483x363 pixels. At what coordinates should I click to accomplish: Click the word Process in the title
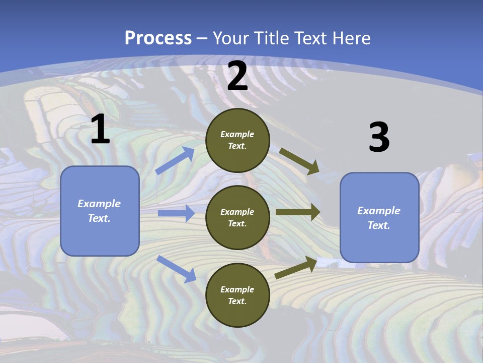[158, 38]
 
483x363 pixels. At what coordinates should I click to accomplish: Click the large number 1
[100, 129]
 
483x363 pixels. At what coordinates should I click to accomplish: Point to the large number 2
[237, 76]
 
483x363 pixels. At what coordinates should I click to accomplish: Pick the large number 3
[379, 137]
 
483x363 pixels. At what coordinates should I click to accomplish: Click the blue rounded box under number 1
[100, 211]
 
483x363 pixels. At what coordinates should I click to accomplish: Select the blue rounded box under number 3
[379, 218]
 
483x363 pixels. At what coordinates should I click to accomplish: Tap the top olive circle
[237, 140]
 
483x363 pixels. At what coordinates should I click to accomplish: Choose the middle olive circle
[237, 218]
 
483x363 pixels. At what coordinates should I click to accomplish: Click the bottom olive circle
[237, 295]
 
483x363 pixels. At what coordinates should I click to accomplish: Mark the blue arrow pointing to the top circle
[175, 161]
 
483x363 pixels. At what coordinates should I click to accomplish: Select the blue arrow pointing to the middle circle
[176, 213]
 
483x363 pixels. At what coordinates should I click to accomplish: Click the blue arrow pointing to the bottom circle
[177, 269]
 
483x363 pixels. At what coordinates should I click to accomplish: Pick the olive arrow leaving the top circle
[299, 161]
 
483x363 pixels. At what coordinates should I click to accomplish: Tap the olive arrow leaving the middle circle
[298, 212]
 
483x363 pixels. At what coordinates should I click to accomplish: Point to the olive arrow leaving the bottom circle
[296, 268]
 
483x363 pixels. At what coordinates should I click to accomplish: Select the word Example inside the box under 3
[379, 211]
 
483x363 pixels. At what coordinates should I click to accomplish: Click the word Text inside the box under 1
[99, 218]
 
